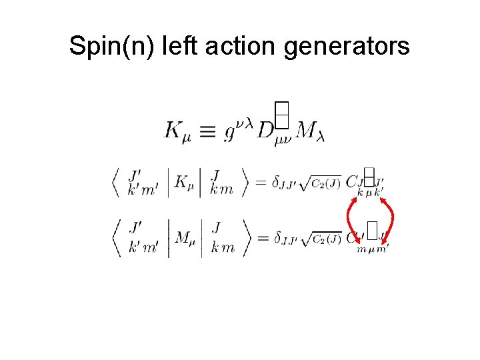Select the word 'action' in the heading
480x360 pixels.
(x=234, y=46)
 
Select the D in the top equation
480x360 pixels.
(x=265, y=131)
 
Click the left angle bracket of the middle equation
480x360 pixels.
(x=117, y=182)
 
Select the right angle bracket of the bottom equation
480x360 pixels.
(x=246, y=237)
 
